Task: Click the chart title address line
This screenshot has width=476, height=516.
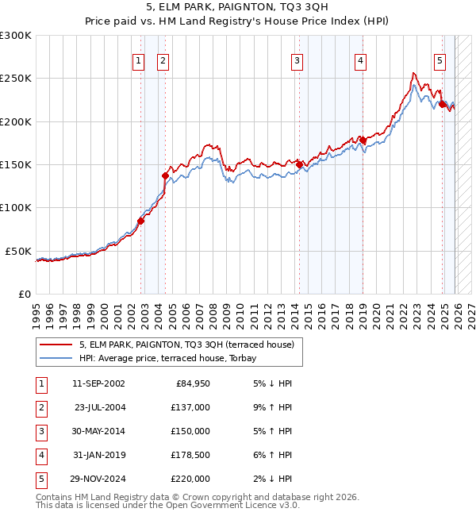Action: tap(238, 7)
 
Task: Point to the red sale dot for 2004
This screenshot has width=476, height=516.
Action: tap(165, 175)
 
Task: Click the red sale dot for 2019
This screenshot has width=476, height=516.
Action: tap(363, 141)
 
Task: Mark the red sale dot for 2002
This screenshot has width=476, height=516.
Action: tap(140, 221)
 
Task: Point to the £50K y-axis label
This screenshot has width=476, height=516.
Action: tap(18, 251)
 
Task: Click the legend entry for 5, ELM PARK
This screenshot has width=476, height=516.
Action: tap(186, 345)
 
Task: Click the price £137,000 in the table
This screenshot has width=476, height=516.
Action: tap(190, 407)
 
